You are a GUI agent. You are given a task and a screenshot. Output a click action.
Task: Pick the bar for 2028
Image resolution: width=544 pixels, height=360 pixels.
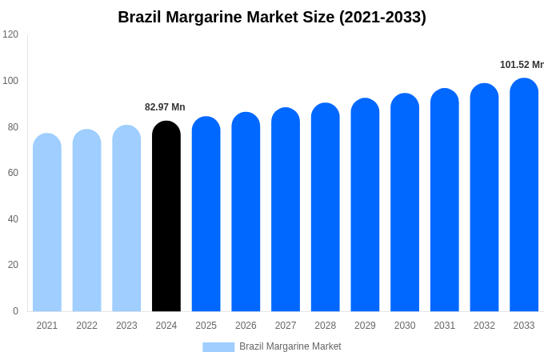pyautogui.click(x=326, y=207)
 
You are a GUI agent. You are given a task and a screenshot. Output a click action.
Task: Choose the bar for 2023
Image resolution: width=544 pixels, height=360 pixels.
pyautogui.click(x=126, y=218)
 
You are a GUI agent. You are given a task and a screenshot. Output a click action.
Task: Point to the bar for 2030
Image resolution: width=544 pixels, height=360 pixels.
pyautogui.click(x=405, y=202)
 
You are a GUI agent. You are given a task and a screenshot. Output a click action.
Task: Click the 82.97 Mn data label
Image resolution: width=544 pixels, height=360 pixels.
pyautogui.click(x=165, y=107)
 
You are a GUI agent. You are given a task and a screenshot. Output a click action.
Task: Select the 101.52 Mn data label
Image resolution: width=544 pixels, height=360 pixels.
pyautogui.click(x=522, y=65)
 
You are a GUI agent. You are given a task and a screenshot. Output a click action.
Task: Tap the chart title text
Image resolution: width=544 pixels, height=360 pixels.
pyautogui.click(x=272, y=17)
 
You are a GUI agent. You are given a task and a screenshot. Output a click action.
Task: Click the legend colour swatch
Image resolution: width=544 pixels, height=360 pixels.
pyautogui.click(x=218, y=347)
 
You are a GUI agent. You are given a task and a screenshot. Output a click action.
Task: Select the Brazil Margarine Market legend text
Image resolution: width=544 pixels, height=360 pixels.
pyautogui.click(x=290, y=346)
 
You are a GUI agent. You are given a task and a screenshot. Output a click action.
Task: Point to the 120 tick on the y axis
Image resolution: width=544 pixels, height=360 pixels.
pyautogui.click(x=10, y=34)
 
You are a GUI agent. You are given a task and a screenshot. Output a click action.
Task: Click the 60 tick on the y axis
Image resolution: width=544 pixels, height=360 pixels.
pyautogui.click(x=13, y=173)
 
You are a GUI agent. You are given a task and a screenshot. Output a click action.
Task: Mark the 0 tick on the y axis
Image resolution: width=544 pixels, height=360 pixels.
pyautogui.click(x=15, y=311)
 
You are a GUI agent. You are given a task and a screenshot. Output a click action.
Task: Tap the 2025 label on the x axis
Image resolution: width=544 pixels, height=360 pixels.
pyautogui.click(x=206, y=326)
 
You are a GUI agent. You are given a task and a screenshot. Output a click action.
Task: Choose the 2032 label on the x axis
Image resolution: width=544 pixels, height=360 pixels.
pyautogui.click(x=484, y=326)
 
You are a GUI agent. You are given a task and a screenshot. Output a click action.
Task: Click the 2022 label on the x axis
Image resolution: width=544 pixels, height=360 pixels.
pyautogui.click(x=86, y=326)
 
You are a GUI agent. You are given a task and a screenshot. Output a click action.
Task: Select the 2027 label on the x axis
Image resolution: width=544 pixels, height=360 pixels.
pyautogui.click(x=286, y=326)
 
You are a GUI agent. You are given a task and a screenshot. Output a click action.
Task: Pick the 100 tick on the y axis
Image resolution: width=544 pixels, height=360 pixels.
pyautogui.click(x=10, y=81)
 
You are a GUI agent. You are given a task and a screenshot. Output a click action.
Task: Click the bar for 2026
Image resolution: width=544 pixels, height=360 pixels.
pyautogui.click(x=246, y=212)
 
